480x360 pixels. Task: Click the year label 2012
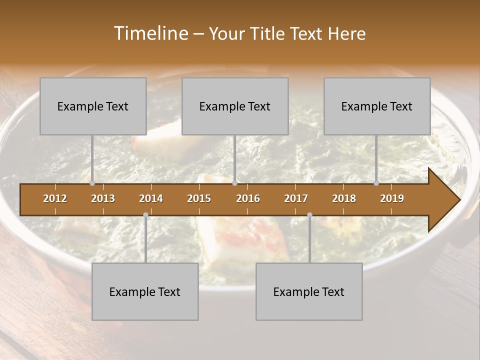click(x=55, y=198)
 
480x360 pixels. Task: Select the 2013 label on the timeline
click(x=103, y=198)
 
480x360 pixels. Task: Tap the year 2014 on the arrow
click(x=151, y=198)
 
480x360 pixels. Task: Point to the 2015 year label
click(x=199, y=198)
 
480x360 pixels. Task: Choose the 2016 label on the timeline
click(x=248, y=198)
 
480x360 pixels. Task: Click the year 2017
click(x=296, y=198)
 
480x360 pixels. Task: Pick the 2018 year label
click(x=344, y=198)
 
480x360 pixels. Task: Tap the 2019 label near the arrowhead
click(x=392, y=198)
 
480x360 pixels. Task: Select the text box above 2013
click(x=93, y=106)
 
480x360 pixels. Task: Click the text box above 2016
click(x=235, y=106)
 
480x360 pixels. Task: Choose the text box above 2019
click(x=377, y=106)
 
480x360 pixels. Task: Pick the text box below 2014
click(x=145, y=291)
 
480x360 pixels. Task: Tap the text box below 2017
click(x=309, y=291)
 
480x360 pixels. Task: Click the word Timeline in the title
click(x=150, y=33)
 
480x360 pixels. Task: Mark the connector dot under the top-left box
click(x=92, y=183)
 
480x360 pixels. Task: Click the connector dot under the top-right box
click(x=376, y=183)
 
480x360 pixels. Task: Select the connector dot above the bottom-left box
click(x=145, y=215)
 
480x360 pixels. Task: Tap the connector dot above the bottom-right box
click(x=309, y=215)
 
